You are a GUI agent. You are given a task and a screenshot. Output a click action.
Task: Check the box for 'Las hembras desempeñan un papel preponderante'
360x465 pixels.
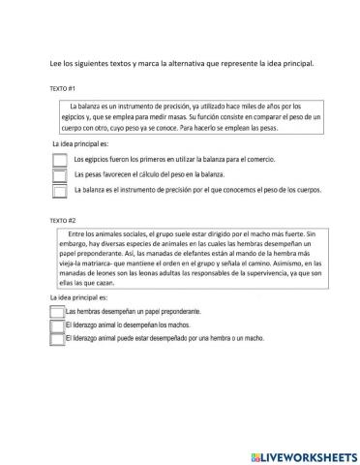click(55, 313)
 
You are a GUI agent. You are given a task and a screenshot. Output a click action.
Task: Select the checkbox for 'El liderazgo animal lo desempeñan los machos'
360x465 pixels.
click(55, 326)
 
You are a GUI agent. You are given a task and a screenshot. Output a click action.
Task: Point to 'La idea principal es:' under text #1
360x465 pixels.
click(78, 143)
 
